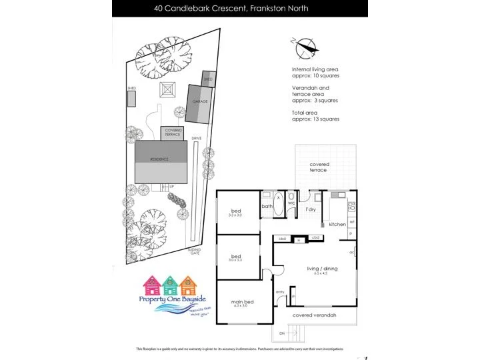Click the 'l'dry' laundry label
pyautogui.click(x=311, y=209)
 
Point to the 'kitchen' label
pyautogui.click(x=337, y=224)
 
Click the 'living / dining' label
pyautogui.click(x=322, y=268)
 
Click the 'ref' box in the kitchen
pyautogui.click(x=351, y=221)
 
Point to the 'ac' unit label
pyautogui.click(x=351, y=252)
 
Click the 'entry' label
pyautogui.click(x=280, y=292)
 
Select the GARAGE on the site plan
pyautogui.click(x=200, y=102)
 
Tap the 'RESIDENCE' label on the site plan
pyautogui.click(x=159, y=159)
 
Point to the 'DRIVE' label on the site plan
pyautogui.click(x=196, y=138)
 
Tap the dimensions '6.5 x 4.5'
pyautogui.click(x=322, y=273)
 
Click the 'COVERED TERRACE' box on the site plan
pyautogui.click(x=173, y=132)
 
